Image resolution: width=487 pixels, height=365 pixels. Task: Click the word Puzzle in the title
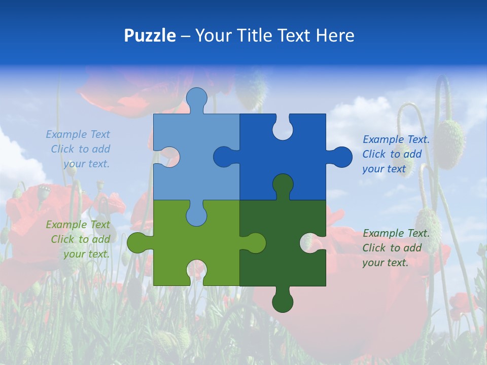150,35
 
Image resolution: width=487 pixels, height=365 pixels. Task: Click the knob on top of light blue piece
196,99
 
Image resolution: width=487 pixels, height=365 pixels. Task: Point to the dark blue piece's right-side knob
340,157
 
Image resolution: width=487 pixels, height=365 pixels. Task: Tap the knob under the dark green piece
283,301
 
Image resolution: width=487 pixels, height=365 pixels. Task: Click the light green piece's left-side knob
138,243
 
